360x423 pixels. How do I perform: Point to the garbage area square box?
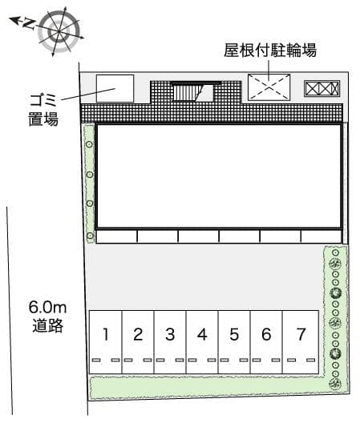[115, 87]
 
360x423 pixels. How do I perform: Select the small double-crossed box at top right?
[322, 88]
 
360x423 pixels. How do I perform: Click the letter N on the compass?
[28, 24]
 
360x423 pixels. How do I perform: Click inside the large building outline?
[219, 176]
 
